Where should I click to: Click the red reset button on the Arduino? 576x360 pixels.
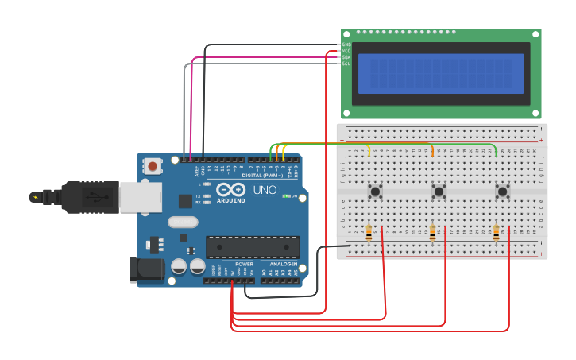[151, 166]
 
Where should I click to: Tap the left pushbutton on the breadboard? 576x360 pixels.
[375, 191]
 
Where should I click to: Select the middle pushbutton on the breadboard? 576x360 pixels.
[439, 191]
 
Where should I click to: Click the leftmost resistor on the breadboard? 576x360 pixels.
[369, 233]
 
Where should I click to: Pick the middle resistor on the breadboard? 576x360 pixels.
[432, 233]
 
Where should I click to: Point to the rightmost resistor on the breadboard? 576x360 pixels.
[496, 233]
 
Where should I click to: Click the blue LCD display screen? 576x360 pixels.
[441, 73]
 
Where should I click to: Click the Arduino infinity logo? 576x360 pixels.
[230, 190]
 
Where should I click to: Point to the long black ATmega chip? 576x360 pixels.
[253, 247]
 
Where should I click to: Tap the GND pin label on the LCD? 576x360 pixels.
[346, 45]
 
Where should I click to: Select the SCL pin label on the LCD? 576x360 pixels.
[346, 64]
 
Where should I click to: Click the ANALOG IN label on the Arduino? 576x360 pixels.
[283, 264]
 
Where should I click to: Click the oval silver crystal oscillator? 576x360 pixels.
[182, 223]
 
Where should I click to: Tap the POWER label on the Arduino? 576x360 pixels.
[245, 264]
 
